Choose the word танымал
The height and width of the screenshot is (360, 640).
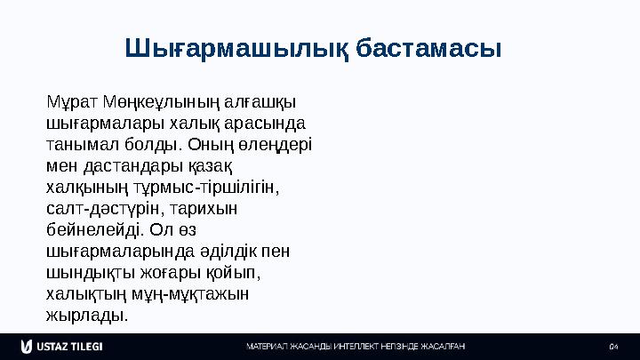[x=75, y=142]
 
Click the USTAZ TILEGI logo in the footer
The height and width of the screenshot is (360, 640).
[x=61, y=346]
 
